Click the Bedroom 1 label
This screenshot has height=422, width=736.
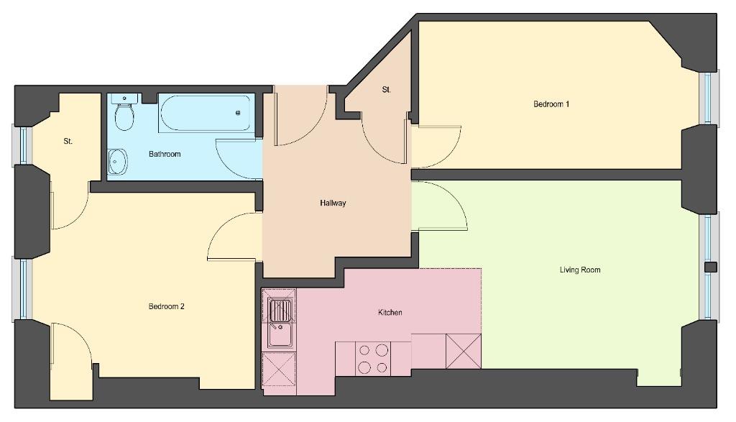pos(551,104)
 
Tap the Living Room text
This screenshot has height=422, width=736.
pos(580,270)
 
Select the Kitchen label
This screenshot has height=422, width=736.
pos(390,312)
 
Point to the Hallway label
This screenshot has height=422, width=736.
pos(333,203)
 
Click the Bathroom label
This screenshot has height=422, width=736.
pos(165,154)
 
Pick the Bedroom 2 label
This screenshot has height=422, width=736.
pos(166,306)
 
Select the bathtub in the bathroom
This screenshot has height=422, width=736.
pos(205,113)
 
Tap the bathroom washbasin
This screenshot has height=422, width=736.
pos(117,162)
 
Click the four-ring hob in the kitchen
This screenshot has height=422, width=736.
pos(373,359)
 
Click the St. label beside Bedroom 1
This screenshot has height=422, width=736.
pos(386,90)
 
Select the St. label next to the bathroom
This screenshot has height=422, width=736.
pos(68,141)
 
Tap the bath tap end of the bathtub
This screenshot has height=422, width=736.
pos(239,113)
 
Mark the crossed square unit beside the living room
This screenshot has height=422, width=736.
pos(464,351)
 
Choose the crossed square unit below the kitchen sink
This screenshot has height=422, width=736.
pos(279,370)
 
